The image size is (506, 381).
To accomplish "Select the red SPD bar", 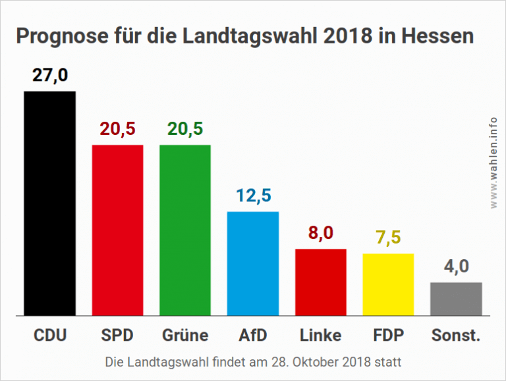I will [x=117, y=230].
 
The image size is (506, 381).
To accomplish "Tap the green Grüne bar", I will [x=185, y=230].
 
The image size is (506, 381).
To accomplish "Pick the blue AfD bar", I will [x=253, y=263].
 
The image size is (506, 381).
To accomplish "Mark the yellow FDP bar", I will [x=388, y=284].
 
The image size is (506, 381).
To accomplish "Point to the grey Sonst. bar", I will [x=456, y=299].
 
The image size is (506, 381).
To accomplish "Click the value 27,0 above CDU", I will [x=50, y=76].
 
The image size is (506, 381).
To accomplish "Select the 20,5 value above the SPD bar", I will [x=117, y=130].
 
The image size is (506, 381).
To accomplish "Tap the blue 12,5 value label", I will [x=253, y=197].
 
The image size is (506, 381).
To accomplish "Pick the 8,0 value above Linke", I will [x=321, y=234].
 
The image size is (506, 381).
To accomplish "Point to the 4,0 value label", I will [x=456, y=267].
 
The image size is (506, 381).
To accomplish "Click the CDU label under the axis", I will [x=50, y=335].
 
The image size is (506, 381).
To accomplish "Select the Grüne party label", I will [x=185, y=335].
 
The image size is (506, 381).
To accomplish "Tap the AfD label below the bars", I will [x=253, y=335].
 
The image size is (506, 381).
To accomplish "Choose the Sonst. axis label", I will [x=456, y=335].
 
